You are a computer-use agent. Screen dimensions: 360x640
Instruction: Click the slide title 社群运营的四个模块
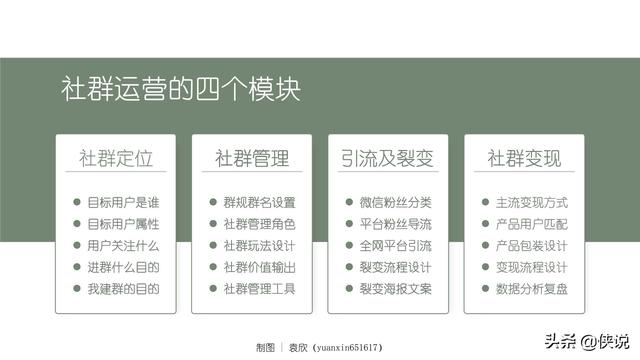pos(179,89)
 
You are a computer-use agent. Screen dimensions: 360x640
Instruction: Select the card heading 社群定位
pos(116,159)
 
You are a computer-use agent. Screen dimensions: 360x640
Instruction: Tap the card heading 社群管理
pos(252,159)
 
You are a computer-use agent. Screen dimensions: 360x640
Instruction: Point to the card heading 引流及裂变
pos(387,159)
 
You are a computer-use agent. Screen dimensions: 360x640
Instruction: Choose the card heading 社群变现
pos(524,159)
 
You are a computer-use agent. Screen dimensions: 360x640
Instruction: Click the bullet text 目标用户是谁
pos(123,202)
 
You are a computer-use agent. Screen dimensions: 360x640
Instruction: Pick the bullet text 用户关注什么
pos(123,245)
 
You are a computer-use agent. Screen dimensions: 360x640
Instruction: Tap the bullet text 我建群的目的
pos(123,289)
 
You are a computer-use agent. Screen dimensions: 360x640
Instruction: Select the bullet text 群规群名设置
pos(259,202)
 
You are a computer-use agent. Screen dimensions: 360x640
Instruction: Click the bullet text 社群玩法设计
pos(259,245)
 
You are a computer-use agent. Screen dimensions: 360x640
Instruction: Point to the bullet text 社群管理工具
pos(259,289)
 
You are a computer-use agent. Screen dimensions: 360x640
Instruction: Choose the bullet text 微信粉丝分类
pos(395,202)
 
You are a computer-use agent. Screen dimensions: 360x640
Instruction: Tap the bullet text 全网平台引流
pos(395,245)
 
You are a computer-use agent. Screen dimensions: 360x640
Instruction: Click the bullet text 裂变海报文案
pos(395,289)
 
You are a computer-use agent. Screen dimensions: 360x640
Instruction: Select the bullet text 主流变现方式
pos(531,202)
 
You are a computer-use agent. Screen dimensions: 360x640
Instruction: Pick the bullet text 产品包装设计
pos(531,245)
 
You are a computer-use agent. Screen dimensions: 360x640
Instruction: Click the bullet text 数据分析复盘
pos(531,289)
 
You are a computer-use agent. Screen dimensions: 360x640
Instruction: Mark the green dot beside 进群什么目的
pos(77,267)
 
